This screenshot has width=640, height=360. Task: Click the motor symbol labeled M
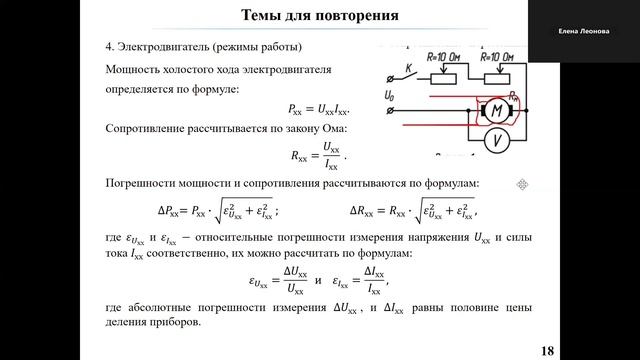[x=494, y=110]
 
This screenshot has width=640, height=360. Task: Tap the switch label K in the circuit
[x=408, y=68]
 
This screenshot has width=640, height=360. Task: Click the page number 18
[x=547, y=350]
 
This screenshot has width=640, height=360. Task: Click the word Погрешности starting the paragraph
[x=144, y=183]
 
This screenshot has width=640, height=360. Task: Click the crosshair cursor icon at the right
[x=521, y=184]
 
